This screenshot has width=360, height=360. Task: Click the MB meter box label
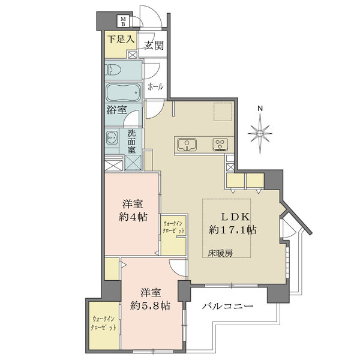pos(123,20)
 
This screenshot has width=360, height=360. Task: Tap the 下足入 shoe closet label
pos(121,39)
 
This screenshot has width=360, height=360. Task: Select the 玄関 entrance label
pos(154,46)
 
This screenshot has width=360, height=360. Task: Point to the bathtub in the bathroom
pos(123,92)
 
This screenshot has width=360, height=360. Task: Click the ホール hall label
pos(155,87)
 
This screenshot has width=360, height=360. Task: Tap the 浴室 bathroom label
pos(116,110)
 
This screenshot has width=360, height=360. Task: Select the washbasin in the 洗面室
pos(112,137)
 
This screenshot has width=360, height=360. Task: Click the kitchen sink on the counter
pos(187,145)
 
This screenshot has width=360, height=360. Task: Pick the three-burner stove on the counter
pos(220,145)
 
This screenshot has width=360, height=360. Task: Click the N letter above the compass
pos(260,109)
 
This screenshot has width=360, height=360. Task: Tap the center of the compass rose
pos(260,133)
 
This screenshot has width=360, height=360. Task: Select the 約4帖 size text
pos(133,217)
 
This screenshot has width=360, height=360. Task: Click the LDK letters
pos(235,217)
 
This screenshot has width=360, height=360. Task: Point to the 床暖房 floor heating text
pos(220,253)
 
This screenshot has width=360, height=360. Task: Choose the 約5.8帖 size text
pos(150,306)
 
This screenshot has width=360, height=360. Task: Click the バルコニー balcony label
pos(227,306)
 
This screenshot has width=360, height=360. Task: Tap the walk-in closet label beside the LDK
pos(173,227)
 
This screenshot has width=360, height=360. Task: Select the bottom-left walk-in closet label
pos(103,323)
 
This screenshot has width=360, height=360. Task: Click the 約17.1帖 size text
pos(233,229)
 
